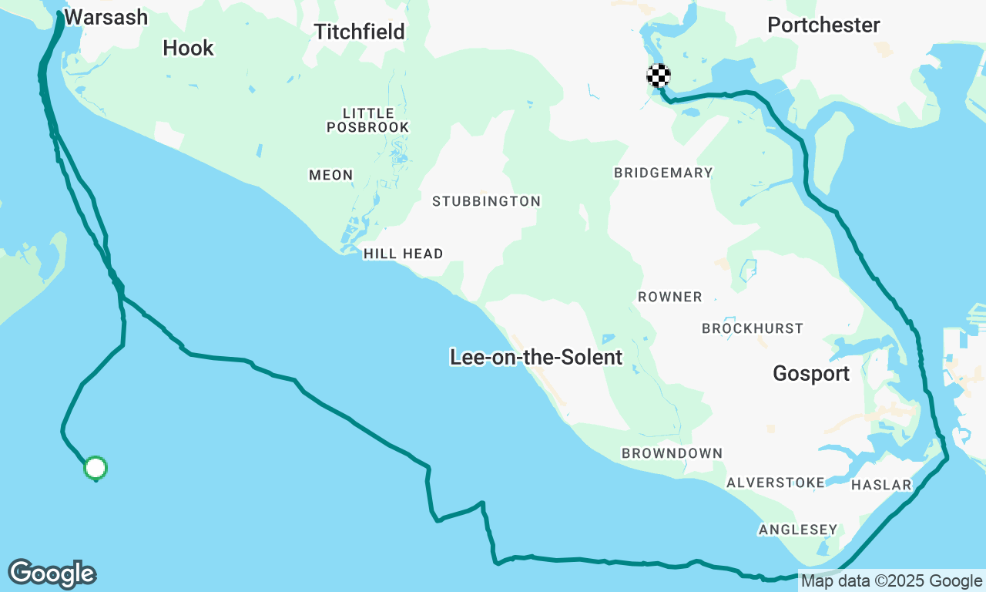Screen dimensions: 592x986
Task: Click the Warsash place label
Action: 106,17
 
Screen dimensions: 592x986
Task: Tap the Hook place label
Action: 188,48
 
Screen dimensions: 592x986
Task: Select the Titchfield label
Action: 359,31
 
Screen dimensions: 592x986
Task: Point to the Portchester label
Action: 823,25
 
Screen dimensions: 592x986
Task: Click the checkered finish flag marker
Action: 658,76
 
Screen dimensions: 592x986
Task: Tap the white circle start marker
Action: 95,467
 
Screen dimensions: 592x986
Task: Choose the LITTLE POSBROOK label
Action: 367,119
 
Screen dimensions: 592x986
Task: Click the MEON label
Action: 330,175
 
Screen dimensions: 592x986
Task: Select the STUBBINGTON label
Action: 486,201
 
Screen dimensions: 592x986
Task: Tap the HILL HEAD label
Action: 403,254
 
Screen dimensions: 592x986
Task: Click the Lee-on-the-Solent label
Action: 536,357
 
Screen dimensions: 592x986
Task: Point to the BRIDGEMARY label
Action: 663,173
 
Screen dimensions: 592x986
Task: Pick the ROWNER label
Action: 669,297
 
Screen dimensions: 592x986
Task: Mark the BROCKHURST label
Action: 752,328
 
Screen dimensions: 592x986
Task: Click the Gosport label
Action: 811,374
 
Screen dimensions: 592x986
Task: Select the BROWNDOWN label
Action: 672,453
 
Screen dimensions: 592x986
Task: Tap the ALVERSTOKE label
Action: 775,483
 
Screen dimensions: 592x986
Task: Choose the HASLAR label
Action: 881,485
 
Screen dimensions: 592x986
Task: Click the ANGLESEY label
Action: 797,530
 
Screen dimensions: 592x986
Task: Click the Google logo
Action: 52,574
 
